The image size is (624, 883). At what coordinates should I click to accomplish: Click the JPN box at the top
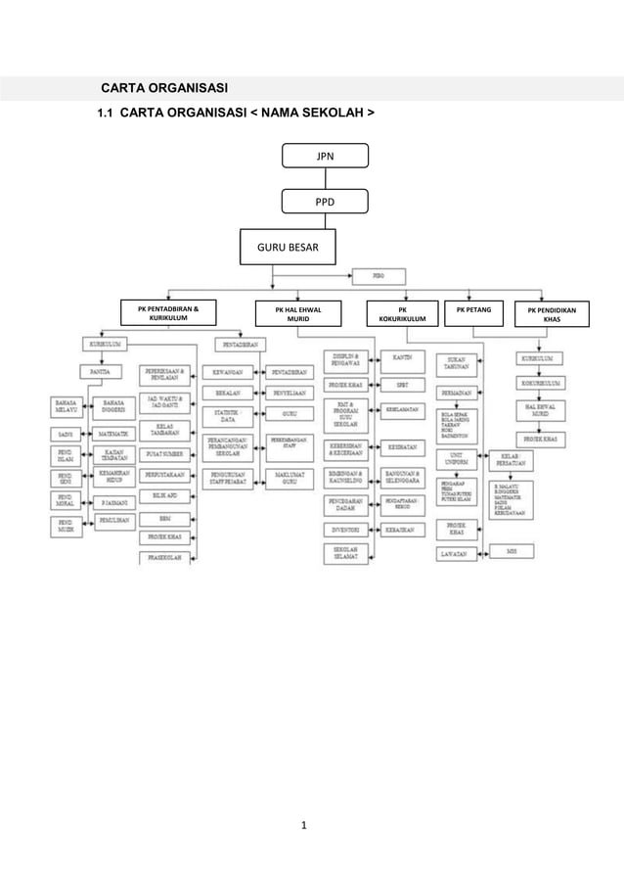325,156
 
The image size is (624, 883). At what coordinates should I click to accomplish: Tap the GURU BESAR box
287,249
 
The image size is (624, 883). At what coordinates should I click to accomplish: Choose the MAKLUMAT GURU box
289,478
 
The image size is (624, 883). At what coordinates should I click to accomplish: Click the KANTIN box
402,357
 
